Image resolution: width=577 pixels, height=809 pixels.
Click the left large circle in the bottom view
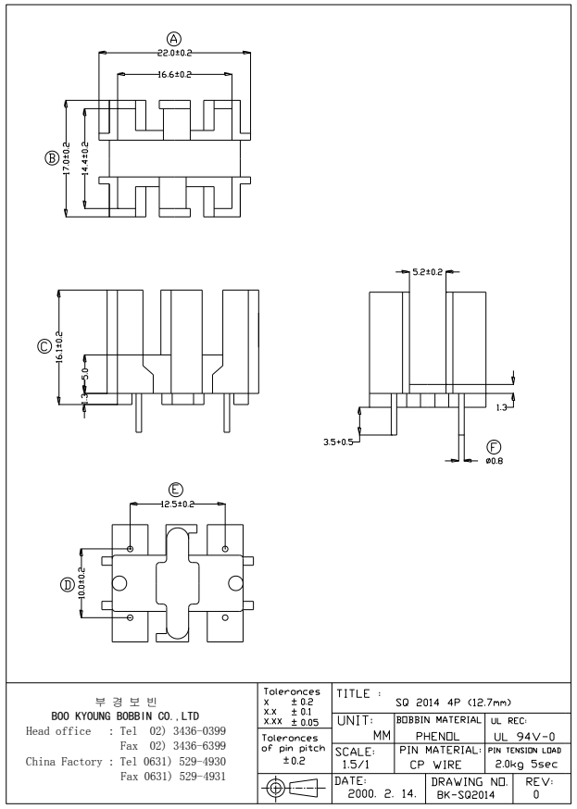click(119, 583)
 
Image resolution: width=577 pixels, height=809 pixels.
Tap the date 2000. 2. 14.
click(377, 793)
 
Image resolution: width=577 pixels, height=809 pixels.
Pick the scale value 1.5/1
click(352, 766)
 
